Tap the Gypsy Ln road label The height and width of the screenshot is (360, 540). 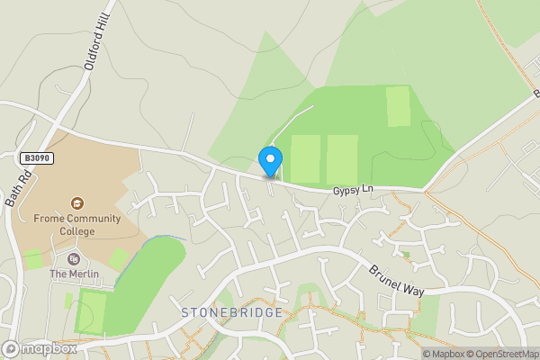353,190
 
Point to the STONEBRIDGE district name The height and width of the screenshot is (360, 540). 231,312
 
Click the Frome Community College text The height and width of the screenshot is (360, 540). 76,223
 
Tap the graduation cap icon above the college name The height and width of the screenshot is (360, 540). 77,202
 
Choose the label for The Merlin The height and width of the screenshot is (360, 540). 72,274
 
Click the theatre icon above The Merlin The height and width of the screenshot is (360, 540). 74,259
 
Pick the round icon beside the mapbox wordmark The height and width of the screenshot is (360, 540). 11,349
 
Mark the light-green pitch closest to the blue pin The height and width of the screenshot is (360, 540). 305,159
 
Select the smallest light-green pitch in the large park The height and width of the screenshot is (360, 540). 397,106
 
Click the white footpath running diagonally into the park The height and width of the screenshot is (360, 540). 295,119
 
